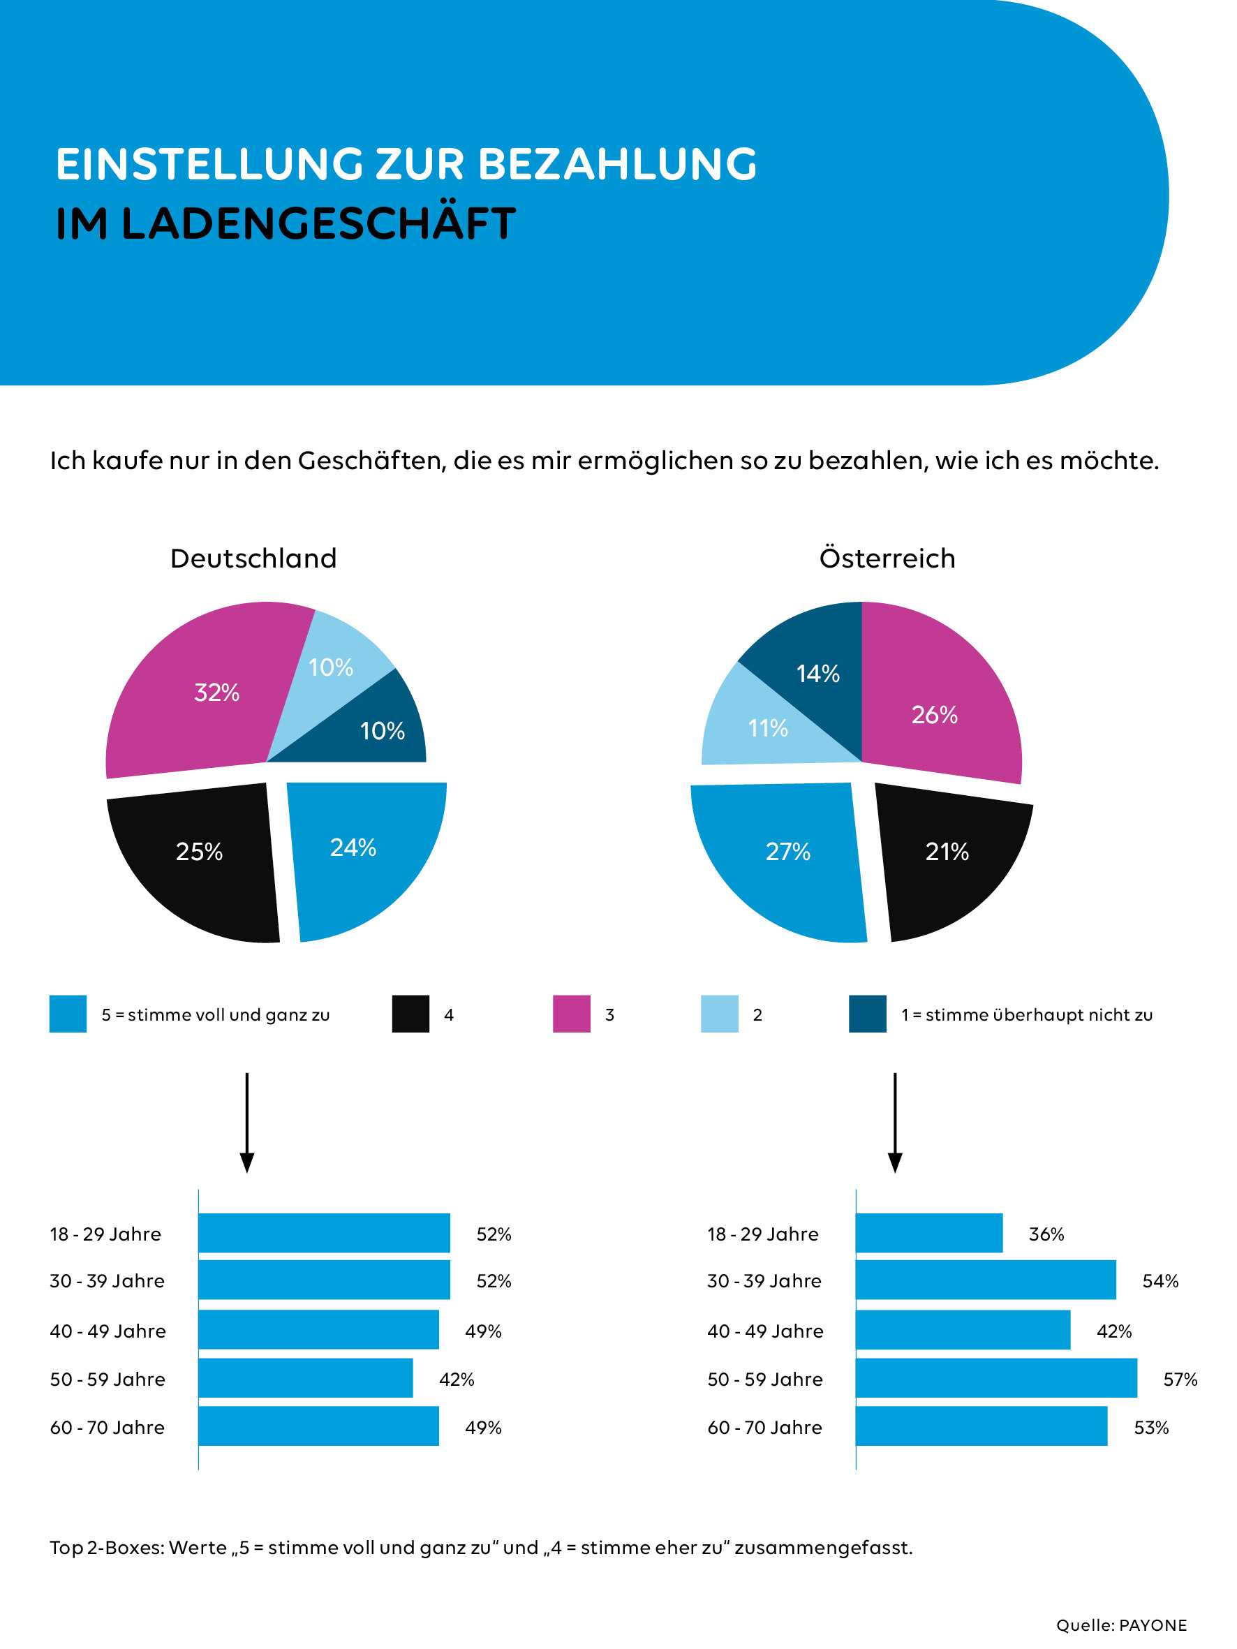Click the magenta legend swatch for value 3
click(571, 1014)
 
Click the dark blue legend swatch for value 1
click(867, 1014)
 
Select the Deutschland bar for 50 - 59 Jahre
click(306, 1377)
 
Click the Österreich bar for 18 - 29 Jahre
click(929, 1233)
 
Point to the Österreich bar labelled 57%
click(996, 1377)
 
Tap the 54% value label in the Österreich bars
click(1160, 1281)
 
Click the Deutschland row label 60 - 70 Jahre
click(108, 1427)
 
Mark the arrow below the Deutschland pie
click(247, 1122)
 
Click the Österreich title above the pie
click(887, 559)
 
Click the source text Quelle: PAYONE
click(1121, 1625)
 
